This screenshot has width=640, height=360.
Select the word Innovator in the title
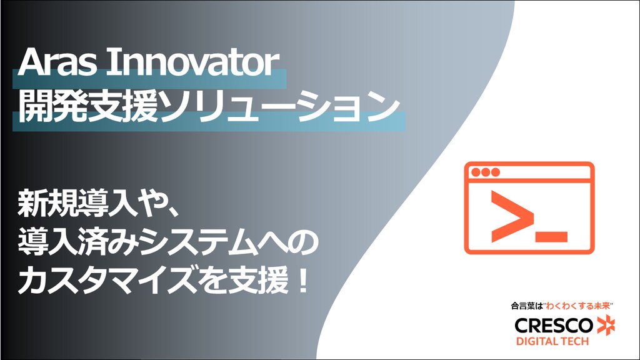pyautogui.click(x=193, y=62)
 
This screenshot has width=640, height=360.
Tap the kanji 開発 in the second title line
pyautogui.click(x=52, y=106)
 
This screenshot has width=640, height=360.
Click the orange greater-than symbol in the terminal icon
pyautogui.click(x=512, y=216)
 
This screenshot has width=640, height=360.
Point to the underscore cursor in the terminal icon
pyautogui.click(x=551, y=237)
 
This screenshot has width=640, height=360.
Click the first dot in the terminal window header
pyautogui.click(x=476, y=172)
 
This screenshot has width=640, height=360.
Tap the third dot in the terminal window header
pyautogui.click(x=496, y=172)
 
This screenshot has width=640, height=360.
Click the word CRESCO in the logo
pyautogui.click(x=554, y=326)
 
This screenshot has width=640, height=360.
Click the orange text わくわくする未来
pyautogui.click(x=578, y=306)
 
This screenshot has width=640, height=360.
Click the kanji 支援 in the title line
pyautogui.click(x=123, y=106)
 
